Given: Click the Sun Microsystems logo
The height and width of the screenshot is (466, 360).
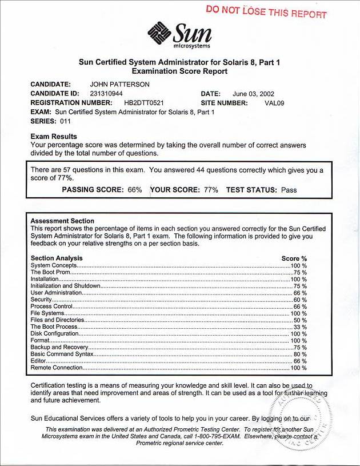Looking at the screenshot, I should tap(179, 35).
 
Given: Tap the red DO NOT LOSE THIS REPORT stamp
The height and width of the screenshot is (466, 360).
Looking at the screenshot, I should tap(266, 13).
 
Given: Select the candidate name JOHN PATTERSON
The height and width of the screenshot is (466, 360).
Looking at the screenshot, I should tap(116, 84).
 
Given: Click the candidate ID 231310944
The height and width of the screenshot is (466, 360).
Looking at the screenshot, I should tap(106, 93).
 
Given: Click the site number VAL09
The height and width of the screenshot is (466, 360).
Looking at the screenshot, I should tap(274, 103).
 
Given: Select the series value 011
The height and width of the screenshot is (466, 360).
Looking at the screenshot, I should tap(65, 121).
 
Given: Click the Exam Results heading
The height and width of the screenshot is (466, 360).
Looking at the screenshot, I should tap(54, 137).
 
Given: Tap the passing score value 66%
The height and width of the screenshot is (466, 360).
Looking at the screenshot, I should tap(134, 190).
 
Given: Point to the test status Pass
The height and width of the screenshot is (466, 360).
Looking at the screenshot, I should tap(289, 190).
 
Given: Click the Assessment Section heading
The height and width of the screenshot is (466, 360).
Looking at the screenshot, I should tap(62, 221).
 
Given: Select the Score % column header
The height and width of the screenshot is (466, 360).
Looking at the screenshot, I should tap(294, 258).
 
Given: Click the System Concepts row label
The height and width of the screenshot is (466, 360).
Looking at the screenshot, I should tap(53, 266).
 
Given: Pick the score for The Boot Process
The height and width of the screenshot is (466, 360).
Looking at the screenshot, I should tap(300, 327).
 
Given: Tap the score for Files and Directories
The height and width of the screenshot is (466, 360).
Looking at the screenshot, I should tap(300, 320).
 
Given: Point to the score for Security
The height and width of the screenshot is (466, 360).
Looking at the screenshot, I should tap(300, 300).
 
